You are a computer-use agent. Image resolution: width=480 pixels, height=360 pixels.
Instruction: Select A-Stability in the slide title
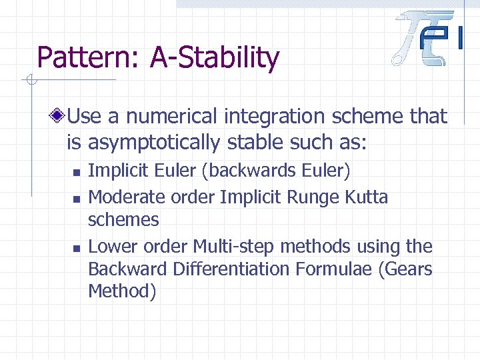tap(214, 58)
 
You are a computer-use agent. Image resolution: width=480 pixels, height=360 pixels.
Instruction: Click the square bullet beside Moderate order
tap(77, 198)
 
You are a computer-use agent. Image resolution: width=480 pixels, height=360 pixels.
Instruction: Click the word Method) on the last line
tap(122, 292)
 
